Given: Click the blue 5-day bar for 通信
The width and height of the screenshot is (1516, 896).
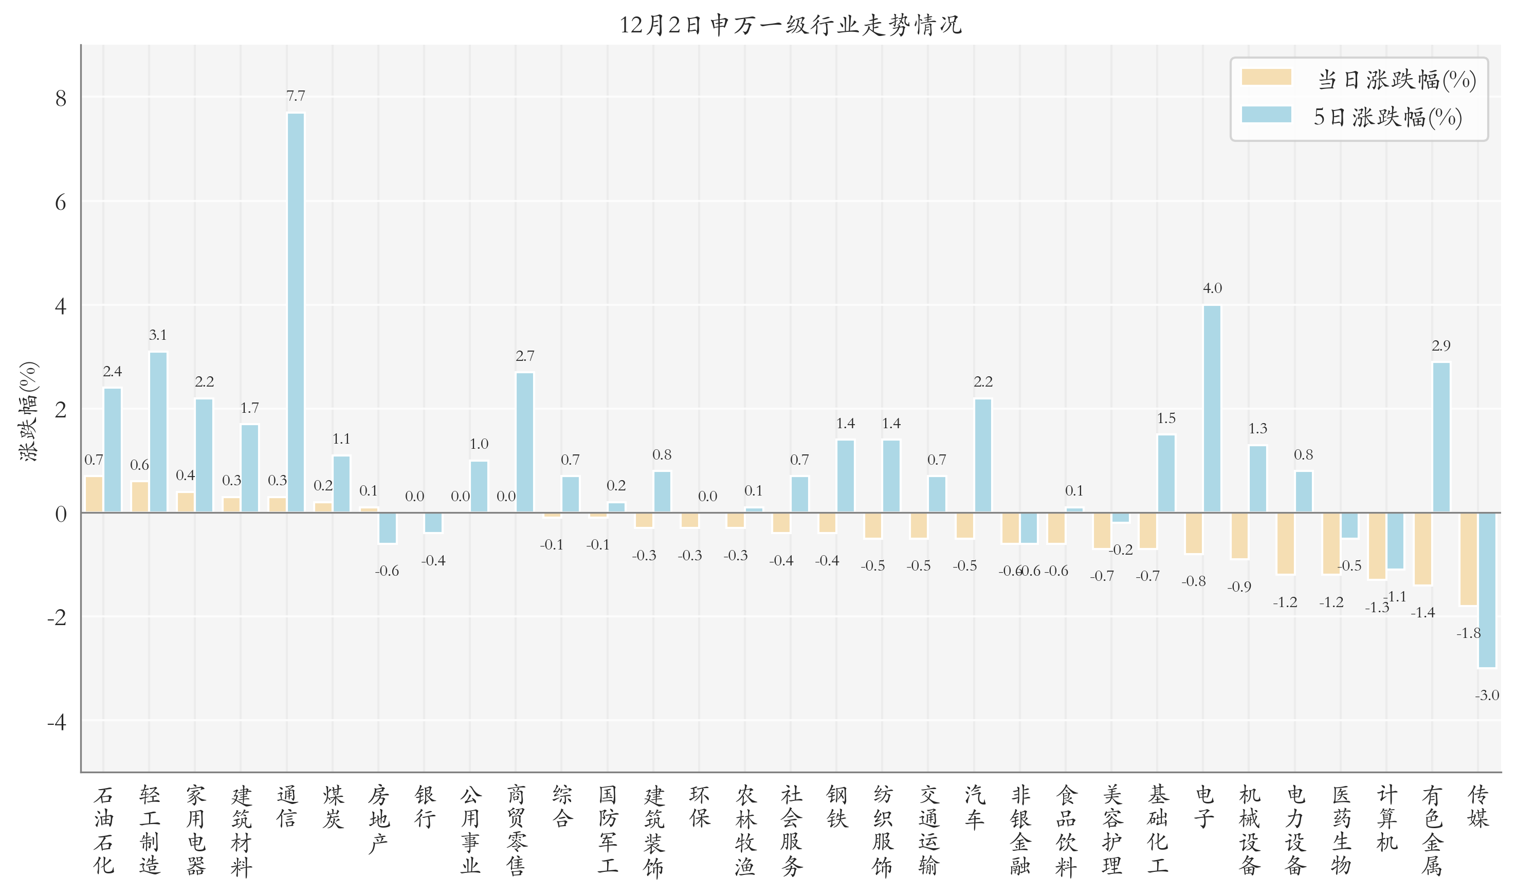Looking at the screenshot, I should pyautogui.click(x=296, y=313).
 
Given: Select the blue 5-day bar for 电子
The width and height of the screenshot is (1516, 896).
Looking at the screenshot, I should pyautogui.click(x=1212, y=409).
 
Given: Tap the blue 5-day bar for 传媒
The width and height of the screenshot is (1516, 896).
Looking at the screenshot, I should pyautogui.click(x=1487, y=590).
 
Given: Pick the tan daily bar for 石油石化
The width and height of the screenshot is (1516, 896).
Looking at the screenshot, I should pyautogui.click(x=94, y=495).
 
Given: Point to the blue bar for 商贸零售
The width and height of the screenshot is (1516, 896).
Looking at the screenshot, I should pyautogui.click(x=525, y=443).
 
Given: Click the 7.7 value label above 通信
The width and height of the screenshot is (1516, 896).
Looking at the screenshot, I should pyautogui.click(x=296, y=96).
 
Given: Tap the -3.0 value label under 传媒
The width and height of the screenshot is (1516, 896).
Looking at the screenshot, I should pyautogui.click(x=1487, y=695).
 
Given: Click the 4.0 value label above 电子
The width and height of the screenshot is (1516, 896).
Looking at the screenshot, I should pyautogui.click(x=1212, y=288).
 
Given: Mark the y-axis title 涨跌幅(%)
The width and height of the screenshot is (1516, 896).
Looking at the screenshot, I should pyautogui.click(x=29, y=411).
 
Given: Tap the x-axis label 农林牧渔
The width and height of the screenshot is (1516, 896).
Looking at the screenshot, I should pyautogui.click(x=745, y=830).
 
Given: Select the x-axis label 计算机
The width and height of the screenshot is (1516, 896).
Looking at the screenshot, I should pyautogui.click(x=1387, y=817).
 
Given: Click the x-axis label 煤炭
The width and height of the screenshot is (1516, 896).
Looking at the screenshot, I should pyautogui.click(x=333, y=807).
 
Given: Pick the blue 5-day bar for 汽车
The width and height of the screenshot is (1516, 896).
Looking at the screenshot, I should pyautogui.click(x=983, y=456).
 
